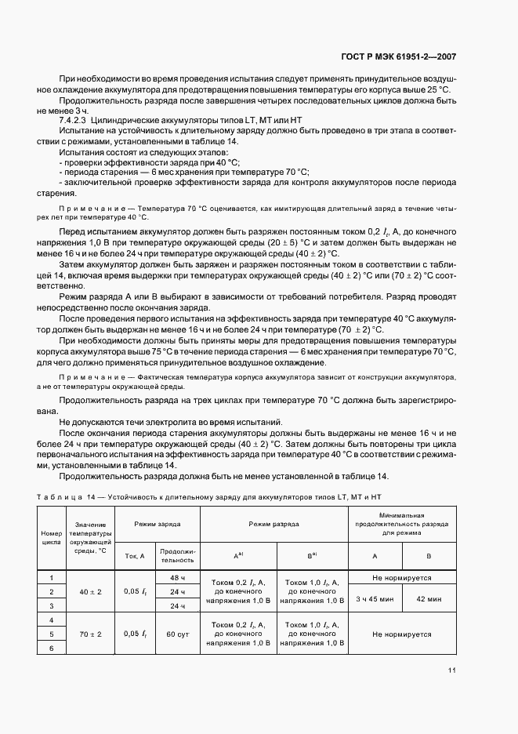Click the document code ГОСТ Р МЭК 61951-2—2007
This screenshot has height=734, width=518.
coord(411,56)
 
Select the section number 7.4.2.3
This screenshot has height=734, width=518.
coord(75,118)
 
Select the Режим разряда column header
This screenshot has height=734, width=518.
coord(273,522)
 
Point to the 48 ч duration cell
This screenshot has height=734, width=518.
coord(178,577)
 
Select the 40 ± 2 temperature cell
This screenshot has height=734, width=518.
coord(91,591)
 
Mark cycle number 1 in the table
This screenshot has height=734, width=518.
coord(51,577)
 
